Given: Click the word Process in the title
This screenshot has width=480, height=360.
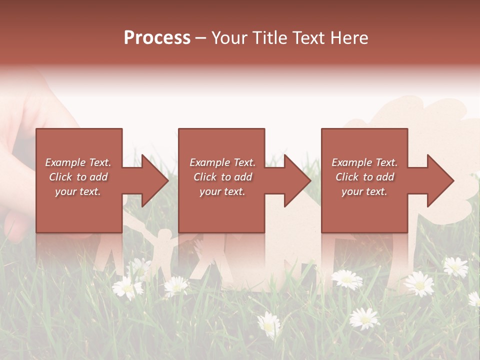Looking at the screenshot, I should (x=157, y=38).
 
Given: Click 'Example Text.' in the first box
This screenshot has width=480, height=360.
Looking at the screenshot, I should (x=78, y=162).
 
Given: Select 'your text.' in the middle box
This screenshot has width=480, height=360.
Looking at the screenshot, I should (x=222, y=191).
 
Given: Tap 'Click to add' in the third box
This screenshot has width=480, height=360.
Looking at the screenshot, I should (x=364, y=177).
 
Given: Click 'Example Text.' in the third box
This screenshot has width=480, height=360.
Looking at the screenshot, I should (x=364, y=162).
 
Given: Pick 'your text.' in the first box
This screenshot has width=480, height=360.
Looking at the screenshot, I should (x=78, y=191).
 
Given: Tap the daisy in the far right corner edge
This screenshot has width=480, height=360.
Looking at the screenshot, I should (x=474, y=298).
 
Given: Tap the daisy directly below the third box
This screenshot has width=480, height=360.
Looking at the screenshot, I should (x=347, y=279).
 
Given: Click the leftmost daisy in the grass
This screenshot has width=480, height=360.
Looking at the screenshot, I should (x=127, y=288).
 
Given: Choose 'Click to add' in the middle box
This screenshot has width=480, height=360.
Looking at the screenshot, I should (x=222, y=177).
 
